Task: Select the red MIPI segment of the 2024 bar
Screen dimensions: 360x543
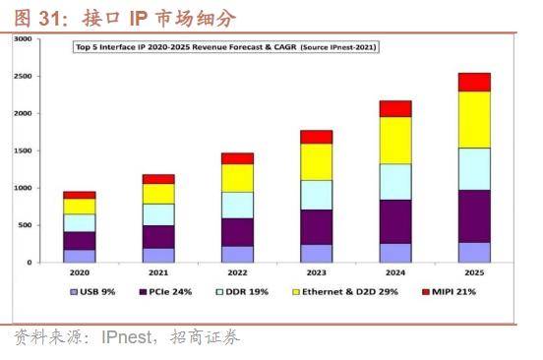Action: [395, 108]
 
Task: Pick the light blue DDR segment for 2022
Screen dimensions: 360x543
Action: [237, 205]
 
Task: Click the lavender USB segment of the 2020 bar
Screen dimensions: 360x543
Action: [80, 255]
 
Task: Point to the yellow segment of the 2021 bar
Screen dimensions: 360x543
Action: [158, 193]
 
